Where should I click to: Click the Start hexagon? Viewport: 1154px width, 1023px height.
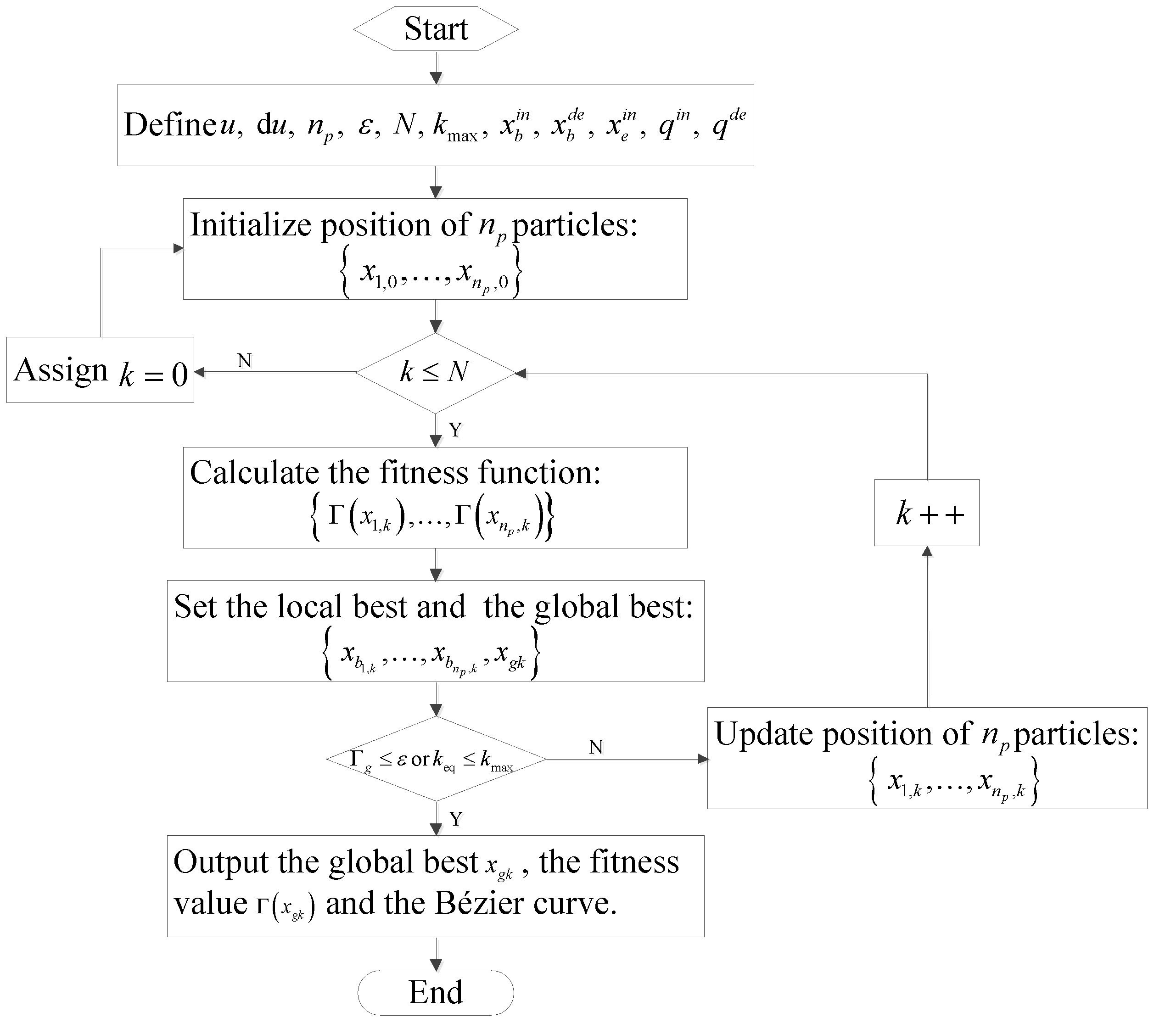(x=436, y=29)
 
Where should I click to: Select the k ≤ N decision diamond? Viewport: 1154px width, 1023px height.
(x=435, y=373)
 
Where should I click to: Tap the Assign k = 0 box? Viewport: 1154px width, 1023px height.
(x=101, y=370)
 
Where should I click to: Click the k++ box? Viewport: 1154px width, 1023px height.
(x=926, y=513)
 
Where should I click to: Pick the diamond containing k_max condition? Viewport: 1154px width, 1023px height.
(x=436, y=759)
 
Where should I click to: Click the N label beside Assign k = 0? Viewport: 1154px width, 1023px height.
(x=244, y=361)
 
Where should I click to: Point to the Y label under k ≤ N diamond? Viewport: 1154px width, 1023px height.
(x=455, y=430)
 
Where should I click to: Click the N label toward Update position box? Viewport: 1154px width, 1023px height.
(x=596, y=747)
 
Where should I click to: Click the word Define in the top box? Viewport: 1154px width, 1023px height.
(x=170, y=125)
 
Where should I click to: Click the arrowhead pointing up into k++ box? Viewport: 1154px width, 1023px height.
(x=926, y=552)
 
